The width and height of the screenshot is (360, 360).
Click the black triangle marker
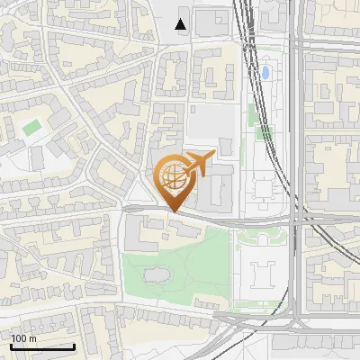tap(182, 24)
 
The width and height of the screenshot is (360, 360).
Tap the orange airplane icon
tap(200, 163)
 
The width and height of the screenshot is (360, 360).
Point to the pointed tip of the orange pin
tap(174, 211)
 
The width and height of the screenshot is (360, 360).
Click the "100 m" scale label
tap(23, 338)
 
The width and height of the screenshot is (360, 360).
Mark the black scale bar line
tap(42, 346)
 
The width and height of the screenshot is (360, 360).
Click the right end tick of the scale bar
tap(74, 345)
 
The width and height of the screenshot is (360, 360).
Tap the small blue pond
tap(265, 71)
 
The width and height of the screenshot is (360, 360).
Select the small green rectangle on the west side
tap(32, 128)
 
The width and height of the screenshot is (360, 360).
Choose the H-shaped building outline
tap(265, 269)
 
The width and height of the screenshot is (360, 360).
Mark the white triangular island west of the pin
tap(139, 196)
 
